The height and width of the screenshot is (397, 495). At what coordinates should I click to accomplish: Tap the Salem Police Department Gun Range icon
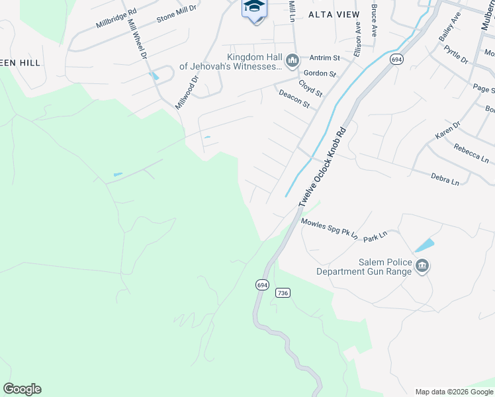422,267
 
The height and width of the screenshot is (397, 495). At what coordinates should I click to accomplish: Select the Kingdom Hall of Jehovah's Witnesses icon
291,62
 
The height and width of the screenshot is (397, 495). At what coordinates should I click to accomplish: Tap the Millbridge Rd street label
116,19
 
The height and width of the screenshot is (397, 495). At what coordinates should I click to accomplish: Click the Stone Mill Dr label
177,13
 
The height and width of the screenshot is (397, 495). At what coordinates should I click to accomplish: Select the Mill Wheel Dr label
137,39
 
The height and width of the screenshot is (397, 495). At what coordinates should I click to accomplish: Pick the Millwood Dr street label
187,93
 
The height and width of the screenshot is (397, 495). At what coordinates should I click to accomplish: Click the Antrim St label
324,58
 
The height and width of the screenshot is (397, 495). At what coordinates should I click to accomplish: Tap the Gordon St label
320,73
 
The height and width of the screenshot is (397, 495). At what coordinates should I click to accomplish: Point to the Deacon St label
294,99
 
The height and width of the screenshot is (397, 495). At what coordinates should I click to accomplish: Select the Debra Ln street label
445,179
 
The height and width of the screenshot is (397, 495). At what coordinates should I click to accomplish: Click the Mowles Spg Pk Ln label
329,229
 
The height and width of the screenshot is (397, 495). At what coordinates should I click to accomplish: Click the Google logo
22,389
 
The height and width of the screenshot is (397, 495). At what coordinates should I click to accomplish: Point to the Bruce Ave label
375,21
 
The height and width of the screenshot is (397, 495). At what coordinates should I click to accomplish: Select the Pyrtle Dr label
456,55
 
